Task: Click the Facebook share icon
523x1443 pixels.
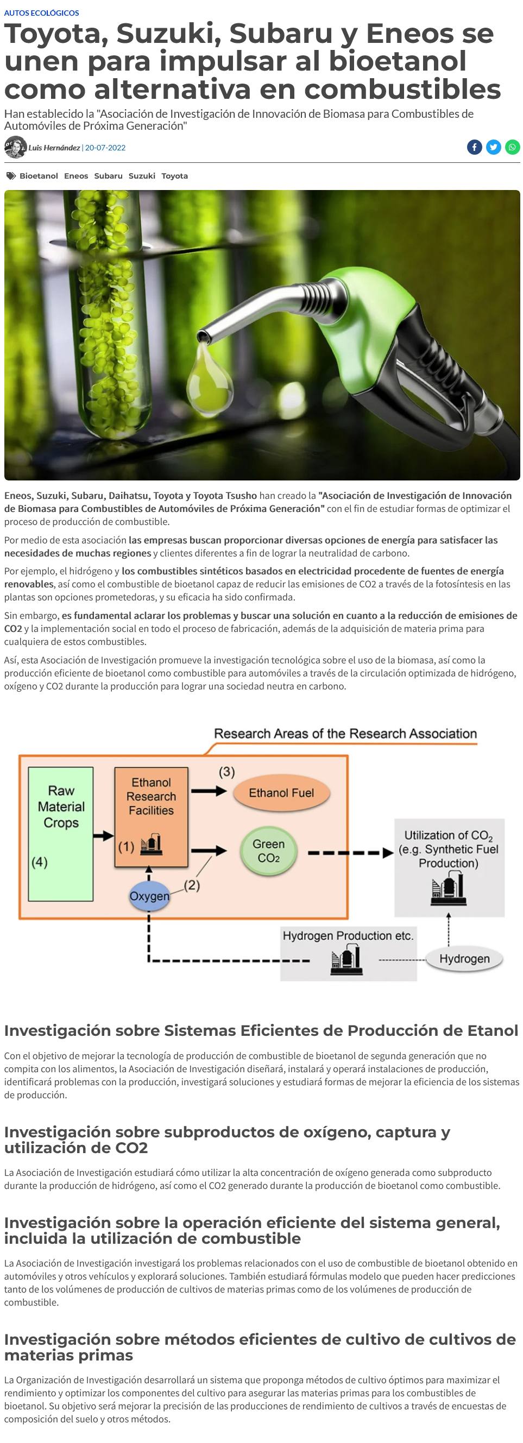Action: coord(474,147)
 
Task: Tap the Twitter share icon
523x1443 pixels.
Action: coord(493,147)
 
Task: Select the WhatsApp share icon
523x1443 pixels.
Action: coord(512,147)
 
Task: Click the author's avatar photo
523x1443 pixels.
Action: coord(15,147)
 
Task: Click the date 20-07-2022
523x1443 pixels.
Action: coord(105,148)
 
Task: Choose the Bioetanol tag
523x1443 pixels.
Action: coord(39,176)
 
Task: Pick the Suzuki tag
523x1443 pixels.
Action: coord(142,176)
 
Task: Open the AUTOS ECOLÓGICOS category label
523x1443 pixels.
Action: coord(41,13)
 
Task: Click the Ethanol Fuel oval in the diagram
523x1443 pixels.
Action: coord(281,793)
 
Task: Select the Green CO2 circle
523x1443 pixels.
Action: coord(268,851)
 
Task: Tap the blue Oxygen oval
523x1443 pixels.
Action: coord(149,896)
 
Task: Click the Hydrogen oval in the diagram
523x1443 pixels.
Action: coord(464,958)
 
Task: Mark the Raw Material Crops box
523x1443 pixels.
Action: coord(60,833)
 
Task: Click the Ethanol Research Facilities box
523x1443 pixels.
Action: coord(152,817)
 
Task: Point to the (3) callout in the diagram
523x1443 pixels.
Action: coord(226,772)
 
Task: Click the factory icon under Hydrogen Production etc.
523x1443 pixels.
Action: coord(346,960)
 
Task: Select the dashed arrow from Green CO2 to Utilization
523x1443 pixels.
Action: coord(351,853)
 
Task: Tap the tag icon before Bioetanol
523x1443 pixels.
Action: coord(11,176)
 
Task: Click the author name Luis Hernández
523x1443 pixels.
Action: coord(54,148)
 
